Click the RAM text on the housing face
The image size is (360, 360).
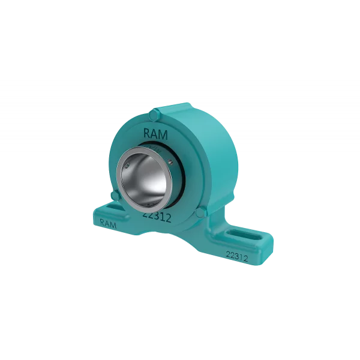click(x=155, y=134)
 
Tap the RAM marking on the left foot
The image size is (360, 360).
click(x=108, y=223)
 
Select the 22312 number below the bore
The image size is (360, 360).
click(x=157, y=216)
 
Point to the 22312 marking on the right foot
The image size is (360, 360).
click(x=237, y=256)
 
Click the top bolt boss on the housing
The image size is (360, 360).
click(x=154, y=115)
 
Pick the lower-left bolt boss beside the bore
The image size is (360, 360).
click(x=115, y=196)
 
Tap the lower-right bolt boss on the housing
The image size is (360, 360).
click(x=201, y=212)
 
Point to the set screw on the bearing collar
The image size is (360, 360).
click(x=170, y=161)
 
